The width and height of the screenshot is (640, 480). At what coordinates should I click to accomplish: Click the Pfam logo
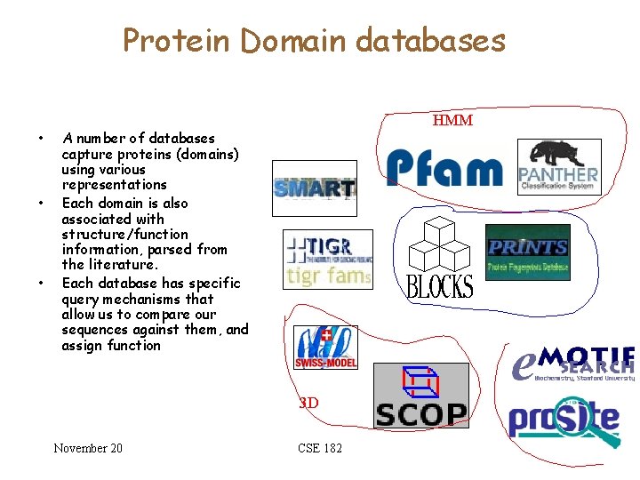pos(444,168)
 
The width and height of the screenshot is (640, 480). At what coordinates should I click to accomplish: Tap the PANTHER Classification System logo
pos(558,168)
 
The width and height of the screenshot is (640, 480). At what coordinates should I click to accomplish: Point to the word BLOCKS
pos(440,286)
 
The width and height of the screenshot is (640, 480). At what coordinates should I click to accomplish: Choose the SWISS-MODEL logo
pos(325,348)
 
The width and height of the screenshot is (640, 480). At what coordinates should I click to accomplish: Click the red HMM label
pos(452,120)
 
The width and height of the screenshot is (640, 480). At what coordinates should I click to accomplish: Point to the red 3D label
pos(308,403)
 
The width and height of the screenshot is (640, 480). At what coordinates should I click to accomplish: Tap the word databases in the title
pos(429,40)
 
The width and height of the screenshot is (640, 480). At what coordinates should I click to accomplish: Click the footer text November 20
pos(88,448)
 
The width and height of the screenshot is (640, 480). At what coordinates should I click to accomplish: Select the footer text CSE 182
pos(320,448)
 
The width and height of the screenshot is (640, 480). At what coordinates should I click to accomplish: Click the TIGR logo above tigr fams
pos(320,247)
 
